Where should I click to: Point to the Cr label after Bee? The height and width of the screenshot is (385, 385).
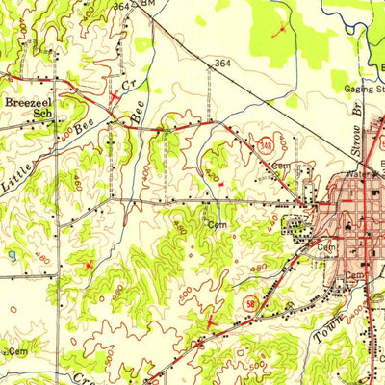pos(126,85)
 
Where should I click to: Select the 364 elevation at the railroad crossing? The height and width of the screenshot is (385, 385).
pos(223,64)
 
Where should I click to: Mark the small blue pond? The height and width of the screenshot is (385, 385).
pos(12,256)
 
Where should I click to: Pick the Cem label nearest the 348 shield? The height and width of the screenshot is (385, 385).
pos(280,166)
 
